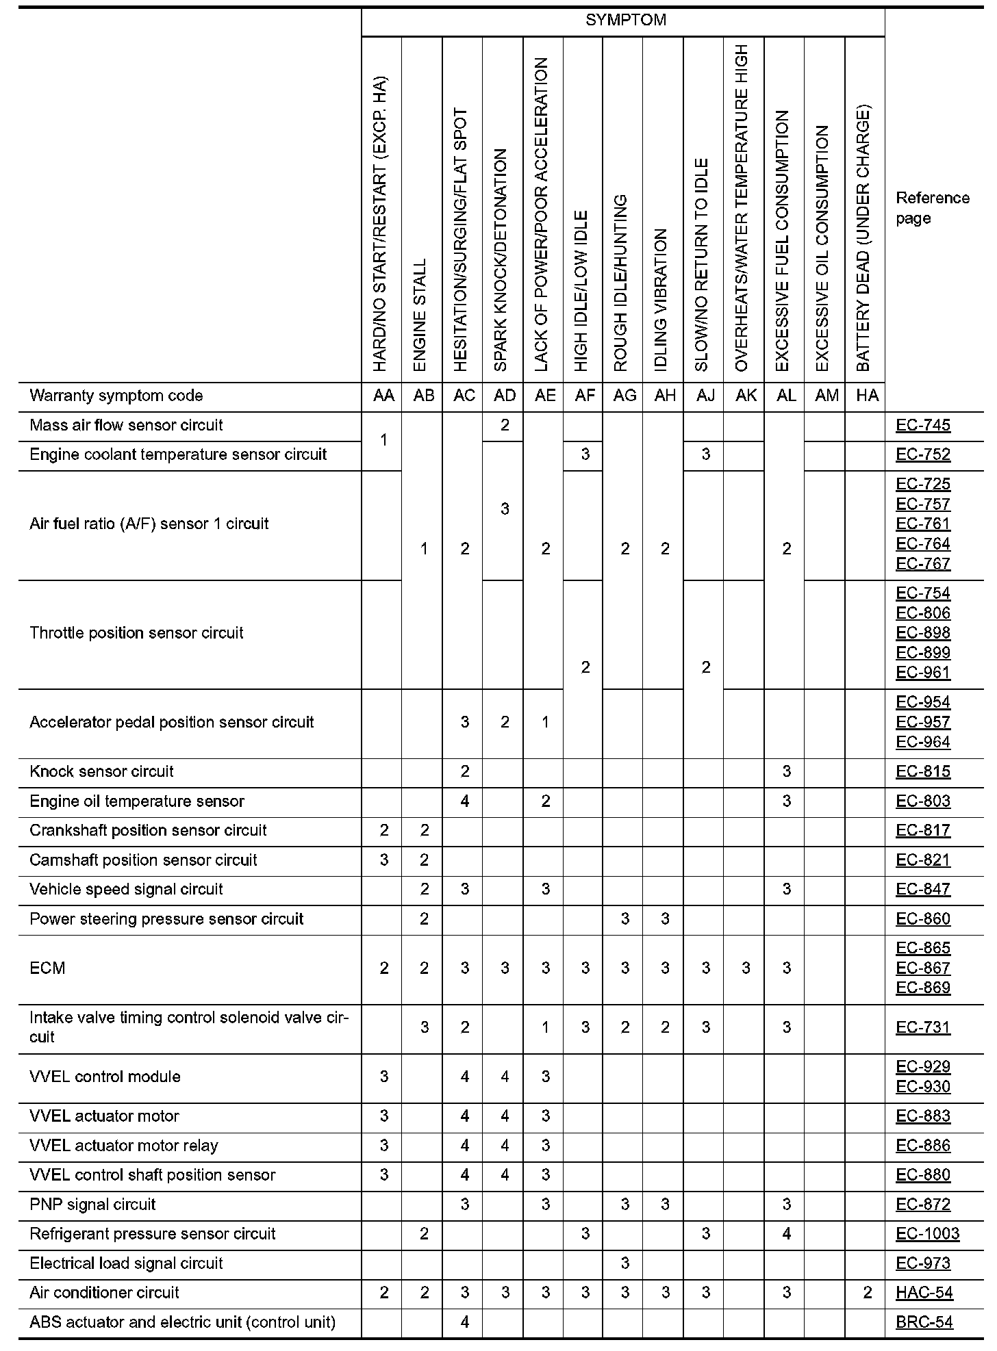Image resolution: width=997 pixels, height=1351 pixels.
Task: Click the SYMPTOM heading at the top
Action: click(625, 21)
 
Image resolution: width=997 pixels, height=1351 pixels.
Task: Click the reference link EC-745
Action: click(922, 425)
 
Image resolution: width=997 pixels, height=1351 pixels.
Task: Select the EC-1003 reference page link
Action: click(927, 1233)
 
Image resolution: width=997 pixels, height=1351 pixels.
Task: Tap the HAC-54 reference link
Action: click(924, 1292)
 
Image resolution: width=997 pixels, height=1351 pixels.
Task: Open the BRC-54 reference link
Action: click(924, 1322)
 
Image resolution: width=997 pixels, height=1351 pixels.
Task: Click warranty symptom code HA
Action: click(867, 396)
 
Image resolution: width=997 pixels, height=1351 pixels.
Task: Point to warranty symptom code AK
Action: click(746, 396)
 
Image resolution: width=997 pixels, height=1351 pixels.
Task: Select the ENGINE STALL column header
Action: click(420, 315)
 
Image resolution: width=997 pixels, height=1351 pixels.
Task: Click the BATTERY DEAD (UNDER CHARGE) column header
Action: click(863, 240)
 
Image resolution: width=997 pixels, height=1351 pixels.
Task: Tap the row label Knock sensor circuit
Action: click(101, 771)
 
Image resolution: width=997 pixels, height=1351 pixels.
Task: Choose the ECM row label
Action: click(47, 968)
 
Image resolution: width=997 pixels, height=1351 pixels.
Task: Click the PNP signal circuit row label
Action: click(92, 1204)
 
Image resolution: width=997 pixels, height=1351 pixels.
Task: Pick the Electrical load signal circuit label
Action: click(126, 1263)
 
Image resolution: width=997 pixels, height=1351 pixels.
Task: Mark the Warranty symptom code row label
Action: click(116, 396)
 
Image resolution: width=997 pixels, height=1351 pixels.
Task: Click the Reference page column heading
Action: click(932, 208)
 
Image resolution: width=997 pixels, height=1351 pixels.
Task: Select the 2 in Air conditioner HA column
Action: click(867, 1292)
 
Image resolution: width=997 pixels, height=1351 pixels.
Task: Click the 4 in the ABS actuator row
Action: click(464, 1322)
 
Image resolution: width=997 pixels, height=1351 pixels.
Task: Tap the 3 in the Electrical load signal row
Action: click(624, 1263)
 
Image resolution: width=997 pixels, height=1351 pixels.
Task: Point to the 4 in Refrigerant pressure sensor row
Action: click(786, 1233)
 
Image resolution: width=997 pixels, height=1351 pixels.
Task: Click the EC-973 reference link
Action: click(922, 1263)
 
